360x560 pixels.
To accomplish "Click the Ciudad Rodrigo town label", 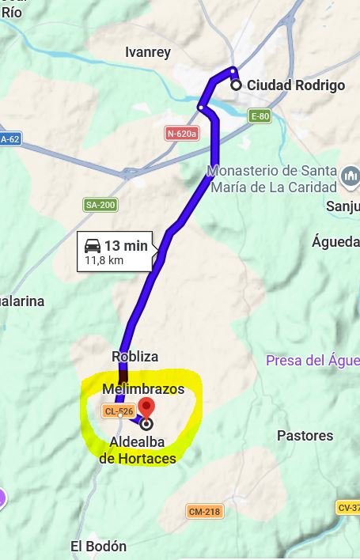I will click(x=296, y=85).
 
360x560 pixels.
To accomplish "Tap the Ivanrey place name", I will click(x=147, y=52).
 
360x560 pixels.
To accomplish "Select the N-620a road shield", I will click(x=182, y=134).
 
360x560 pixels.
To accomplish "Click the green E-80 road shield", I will click(x=260, y=116).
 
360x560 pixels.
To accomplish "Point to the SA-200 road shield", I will click(x=100, y=205).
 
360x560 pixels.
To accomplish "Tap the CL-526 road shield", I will click(x=118, y=411).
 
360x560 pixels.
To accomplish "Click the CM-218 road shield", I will click(x=204, y=511).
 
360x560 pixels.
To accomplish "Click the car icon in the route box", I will click(x=93, y=245).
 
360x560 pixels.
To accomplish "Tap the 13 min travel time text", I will click(x=126, y=246).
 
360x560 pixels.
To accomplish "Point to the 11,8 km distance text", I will click(x=104, y=260).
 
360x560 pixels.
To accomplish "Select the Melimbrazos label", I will click(x=143, y=389).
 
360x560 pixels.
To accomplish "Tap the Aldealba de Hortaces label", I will click(x=138, y=449).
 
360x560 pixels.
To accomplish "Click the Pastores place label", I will click(x=305, y=436).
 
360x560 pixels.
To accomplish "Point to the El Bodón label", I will click(x=98, y=547).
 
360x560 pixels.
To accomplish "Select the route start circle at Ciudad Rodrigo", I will click(x=236, y=85).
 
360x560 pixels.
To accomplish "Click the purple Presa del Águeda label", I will click(x=313, y=361).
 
